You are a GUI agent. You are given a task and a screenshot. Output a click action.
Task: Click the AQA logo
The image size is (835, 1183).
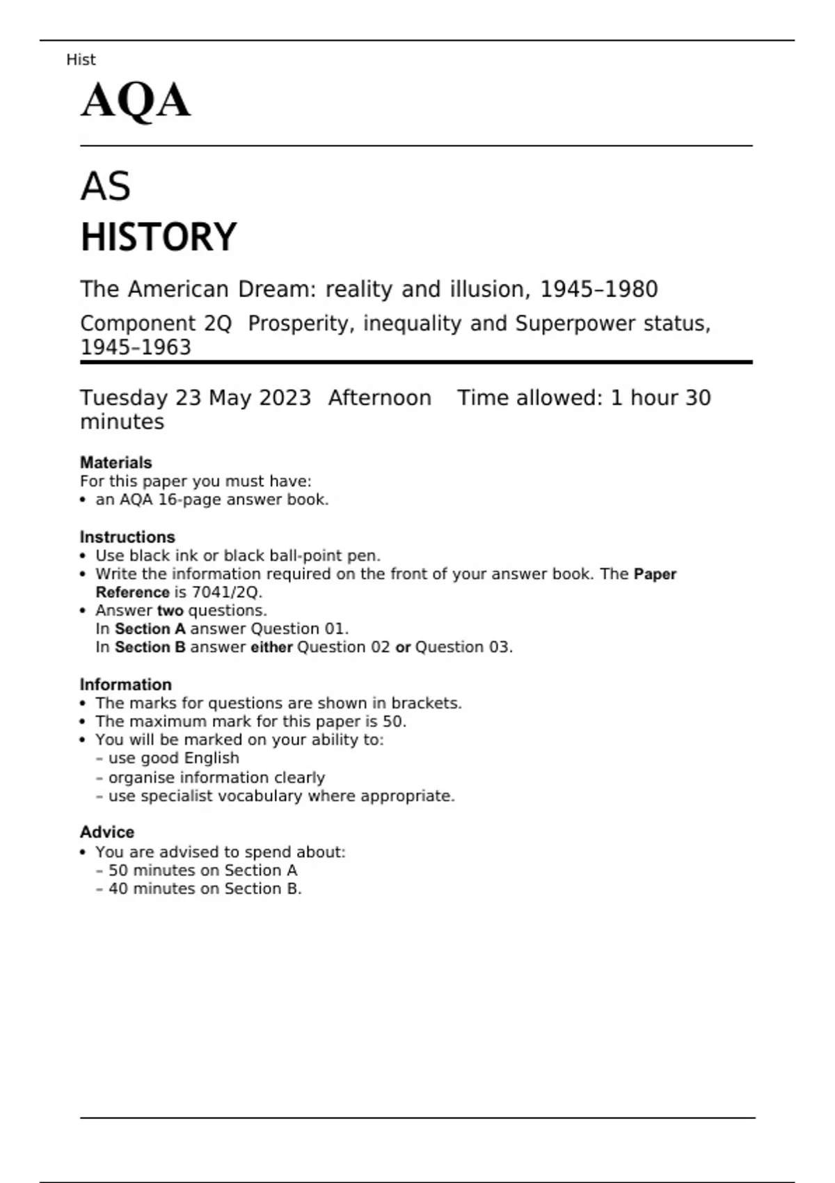pyautogui.click(x=136, y=101)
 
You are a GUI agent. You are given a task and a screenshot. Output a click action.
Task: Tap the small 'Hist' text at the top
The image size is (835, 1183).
pyautogui.click(x=81, y=60)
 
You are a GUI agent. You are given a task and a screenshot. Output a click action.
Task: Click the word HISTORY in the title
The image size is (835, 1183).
pyautogui.click(x=159, y=237)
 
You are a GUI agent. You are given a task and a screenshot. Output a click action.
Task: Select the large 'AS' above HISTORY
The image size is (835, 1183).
pyautogui.click(x=105, y=186)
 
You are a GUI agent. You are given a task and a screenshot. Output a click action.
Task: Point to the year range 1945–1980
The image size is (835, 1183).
pyautogui.click(x=598, y=289)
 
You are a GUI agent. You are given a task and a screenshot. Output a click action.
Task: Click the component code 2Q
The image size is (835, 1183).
pyautogui.click(x=218, y=324)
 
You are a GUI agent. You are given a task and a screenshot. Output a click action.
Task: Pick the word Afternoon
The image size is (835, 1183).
pyautogui.click(x=379, y=398)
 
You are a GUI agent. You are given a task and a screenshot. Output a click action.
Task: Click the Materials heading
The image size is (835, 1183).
pyautogui.click(x=116, y=463)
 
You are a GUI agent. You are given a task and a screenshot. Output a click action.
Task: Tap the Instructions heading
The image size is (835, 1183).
pyautogui.click(x=127, y=537)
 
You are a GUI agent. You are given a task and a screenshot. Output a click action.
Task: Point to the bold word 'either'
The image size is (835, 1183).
pyautogui.click(x=271, y=647)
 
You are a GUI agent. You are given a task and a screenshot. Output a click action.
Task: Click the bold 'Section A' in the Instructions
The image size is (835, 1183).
pyautogui.click(x=150, y=629)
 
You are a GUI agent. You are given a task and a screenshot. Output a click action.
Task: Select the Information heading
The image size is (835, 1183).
pyautogui.click(x=125, y=685)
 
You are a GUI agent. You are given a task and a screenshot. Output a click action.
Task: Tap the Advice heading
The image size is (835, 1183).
pyautogui.click(x=107, y=832)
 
